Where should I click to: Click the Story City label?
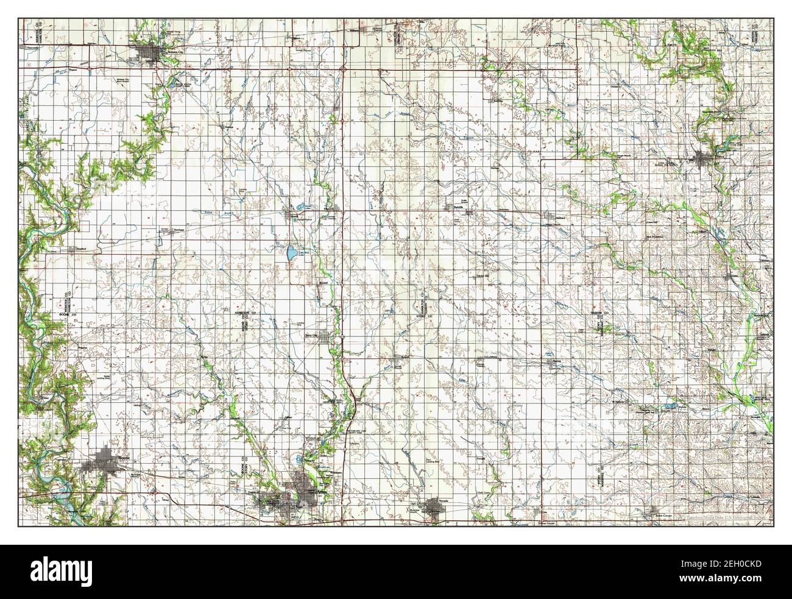click(x=312, y=335)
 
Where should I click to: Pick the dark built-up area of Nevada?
click(x=436, y=508)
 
